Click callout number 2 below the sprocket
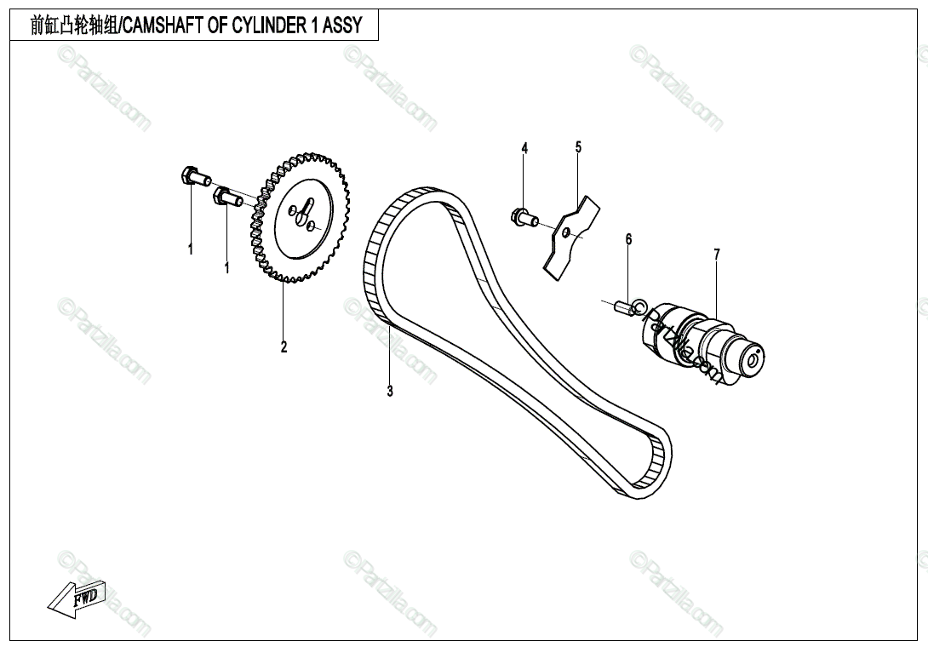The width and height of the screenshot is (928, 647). [284, 346]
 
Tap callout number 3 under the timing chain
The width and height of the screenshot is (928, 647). [390, 392]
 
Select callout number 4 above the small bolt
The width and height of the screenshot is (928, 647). [524, 149]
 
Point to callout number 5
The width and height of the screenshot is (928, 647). [578, 147]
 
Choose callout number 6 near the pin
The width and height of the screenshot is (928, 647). [628, 239]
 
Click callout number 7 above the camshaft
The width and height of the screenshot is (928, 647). [716, 254]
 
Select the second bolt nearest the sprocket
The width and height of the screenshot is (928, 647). [230, 199]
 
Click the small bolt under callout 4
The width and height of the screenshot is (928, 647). [521, 217]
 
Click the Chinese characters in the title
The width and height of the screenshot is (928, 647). [73, 26]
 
